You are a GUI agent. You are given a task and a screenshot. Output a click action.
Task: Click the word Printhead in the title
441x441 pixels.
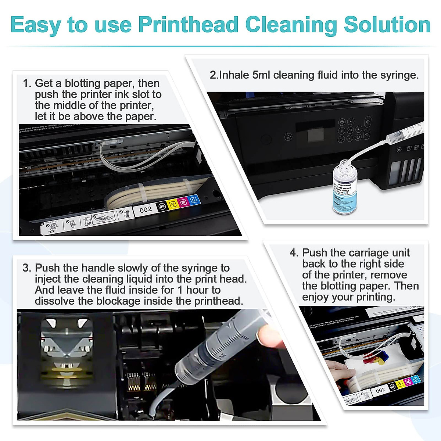(188, 25)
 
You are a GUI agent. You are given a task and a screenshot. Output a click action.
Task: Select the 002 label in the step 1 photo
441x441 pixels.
(146, 209)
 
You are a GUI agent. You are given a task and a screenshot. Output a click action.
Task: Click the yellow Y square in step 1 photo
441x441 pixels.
(172, 204)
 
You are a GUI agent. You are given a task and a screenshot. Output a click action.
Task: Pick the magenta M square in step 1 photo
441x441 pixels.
(183, 202)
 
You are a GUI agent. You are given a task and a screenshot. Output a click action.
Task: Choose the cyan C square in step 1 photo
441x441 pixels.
(194, 200)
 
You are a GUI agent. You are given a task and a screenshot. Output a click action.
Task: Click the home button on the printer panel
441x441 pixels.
(288, 137)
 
